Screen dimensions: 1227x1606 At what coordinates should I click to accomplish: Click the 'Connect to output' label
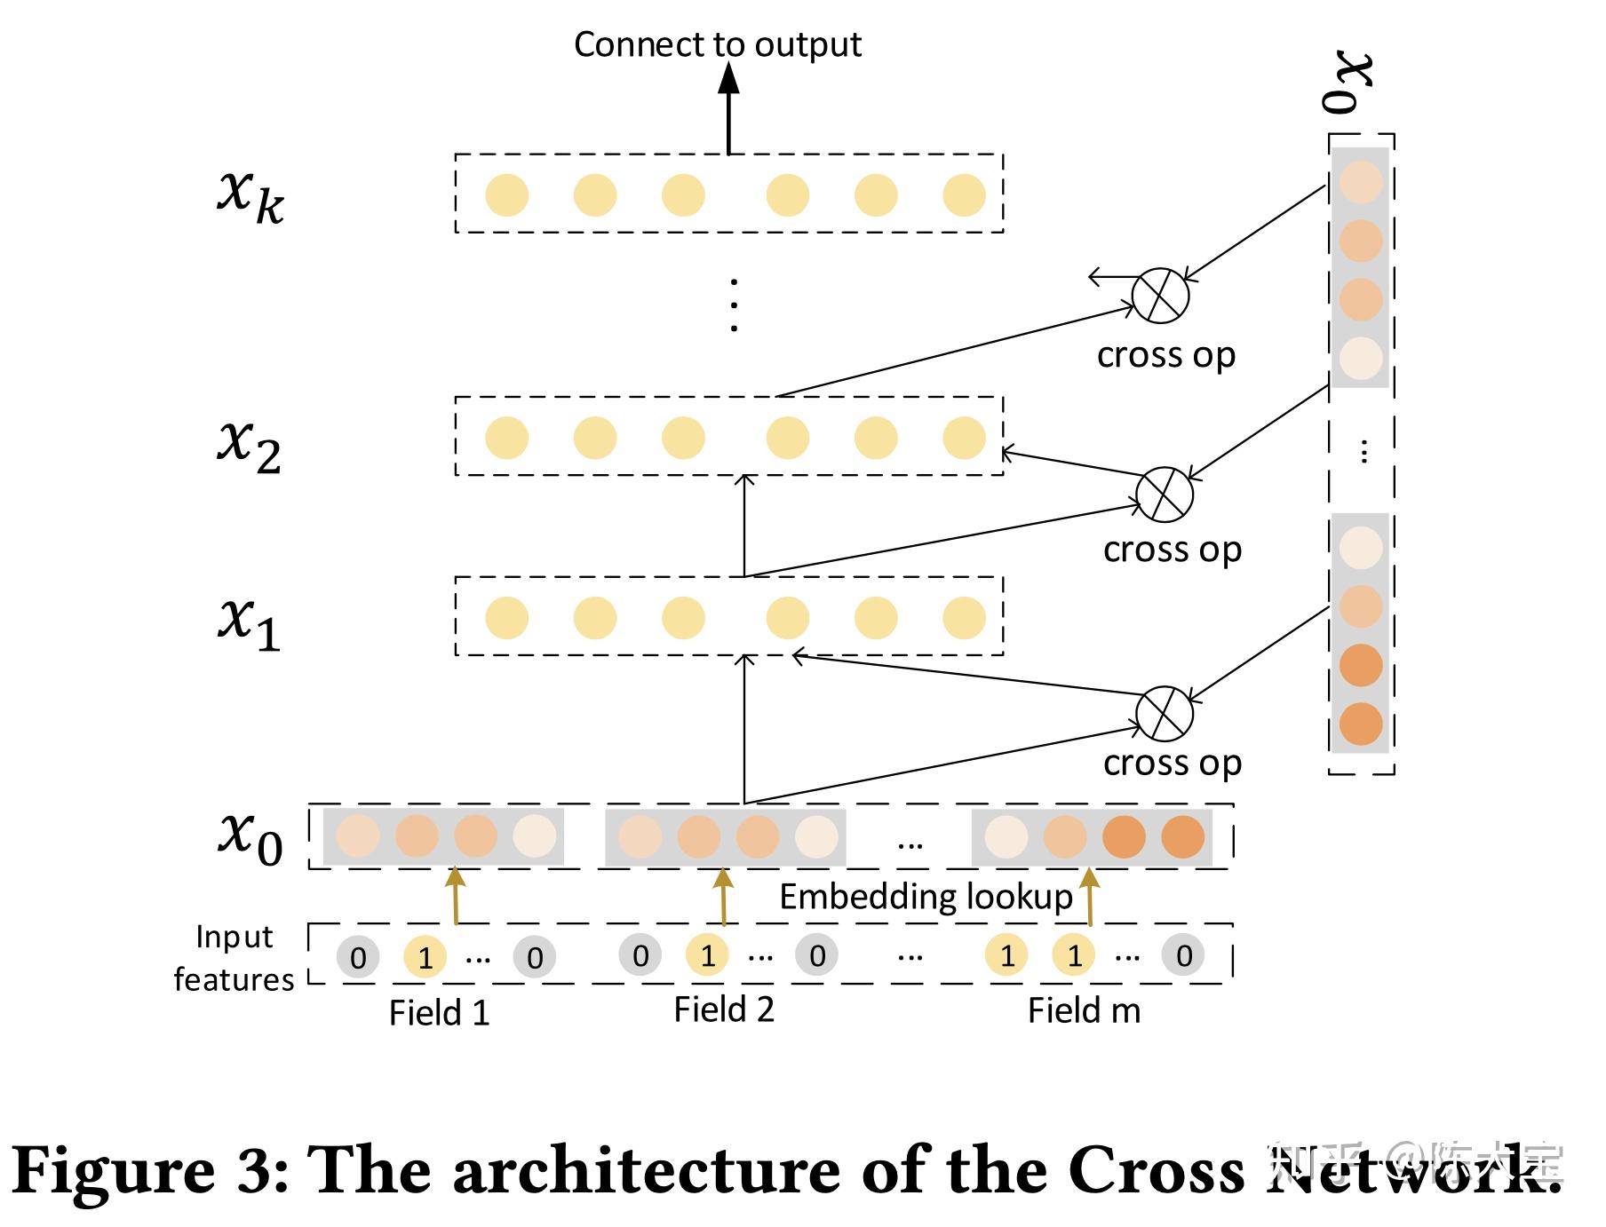click(717, 44)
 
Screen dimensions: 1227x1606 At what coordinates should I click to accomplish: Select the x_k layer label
click(250, 196)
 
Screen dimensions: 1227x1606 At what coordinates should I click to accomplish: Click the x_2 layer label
click(250, 445)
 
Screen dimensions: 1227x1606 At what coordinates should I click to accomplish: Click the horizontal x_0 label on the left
click(250, 837)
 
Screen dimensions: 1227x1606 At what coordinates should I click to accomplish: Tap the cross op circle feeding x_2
click(1164, 495)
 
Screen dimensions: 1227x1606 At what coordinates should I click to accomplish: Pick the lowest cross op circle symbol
click(1164, 713)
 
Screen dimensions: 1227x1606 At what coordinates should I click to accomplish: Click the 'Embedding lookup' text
click(926, 898)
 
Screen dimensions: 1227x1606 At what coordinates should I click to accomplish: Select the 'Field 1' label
click(439, 1013)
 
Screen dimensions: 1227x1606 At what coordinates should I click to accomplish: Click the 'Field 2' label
click(724, 1009)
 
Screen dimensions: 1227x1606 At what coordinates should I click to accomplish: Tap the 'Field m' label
click(1084, 1010)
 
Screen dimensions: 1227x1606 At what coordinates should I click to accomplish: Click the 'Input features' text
click(234, 959)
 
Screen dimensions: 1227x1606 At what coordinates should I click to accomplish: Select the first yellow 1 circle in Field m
click(1006, 955)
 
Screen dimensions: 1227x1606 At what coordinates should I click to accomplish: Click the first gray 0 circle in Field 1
click(357, 957)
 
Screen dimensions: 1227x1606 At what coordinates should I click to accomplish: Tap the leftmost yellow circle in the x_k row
click(506, 195)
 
